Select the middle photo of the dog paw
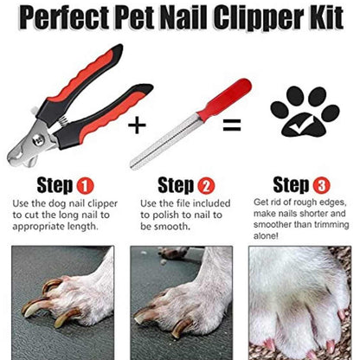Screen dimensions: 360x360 click(179, 303)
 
